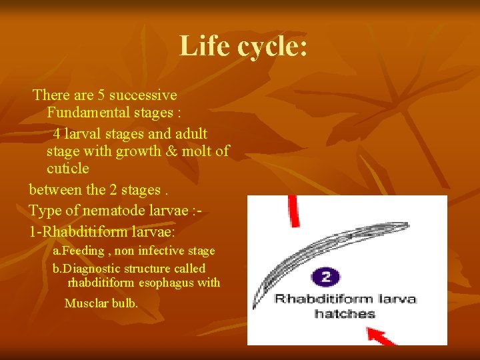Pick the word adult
(190, 134)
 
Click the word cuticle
(67, 169)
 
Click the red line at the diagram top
(293, 210)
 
